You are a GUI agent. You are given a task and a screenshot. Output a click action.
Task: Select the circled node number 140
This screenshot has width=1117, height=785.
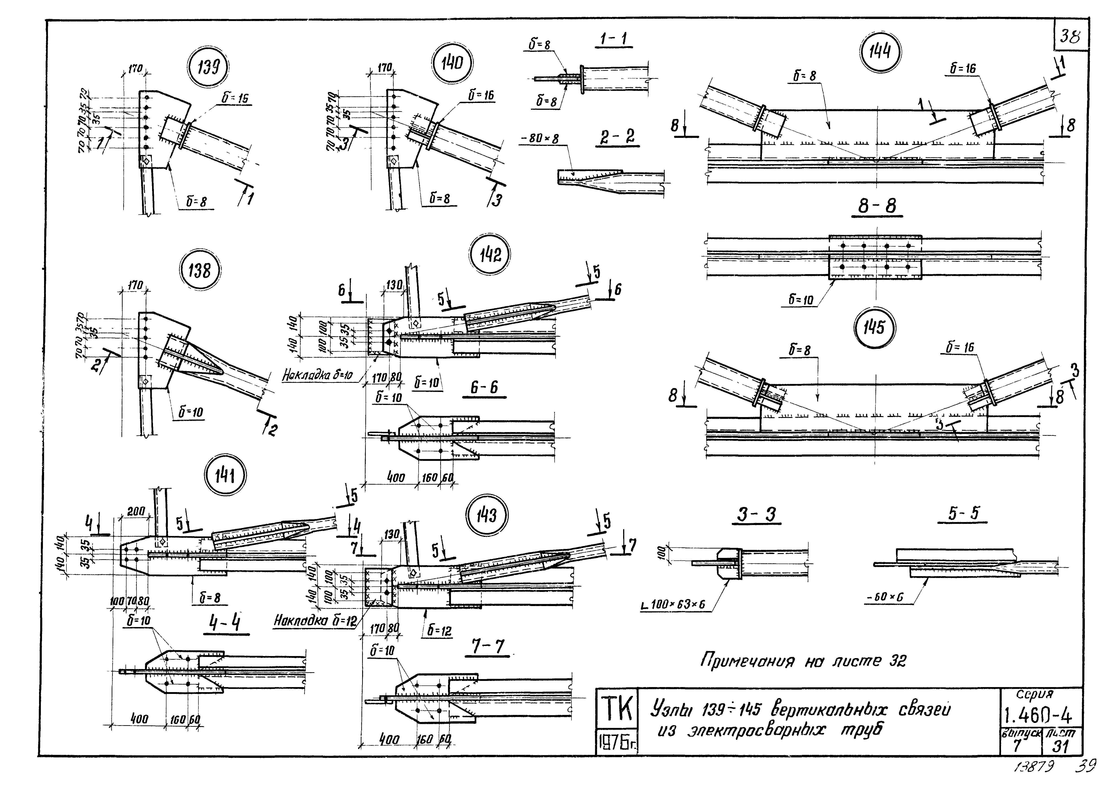[453, 63]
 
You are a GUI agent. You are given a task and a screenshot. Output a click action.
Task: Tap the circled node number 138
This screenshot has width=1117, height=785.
[200, 270]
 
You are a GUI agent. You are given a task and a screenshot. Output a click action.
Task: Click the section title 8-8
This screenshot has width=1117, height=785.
[877, 206]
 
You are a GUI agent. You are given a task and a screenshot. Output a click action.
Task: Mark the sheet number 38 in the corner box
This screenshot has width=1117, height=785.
[1070, 36]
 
